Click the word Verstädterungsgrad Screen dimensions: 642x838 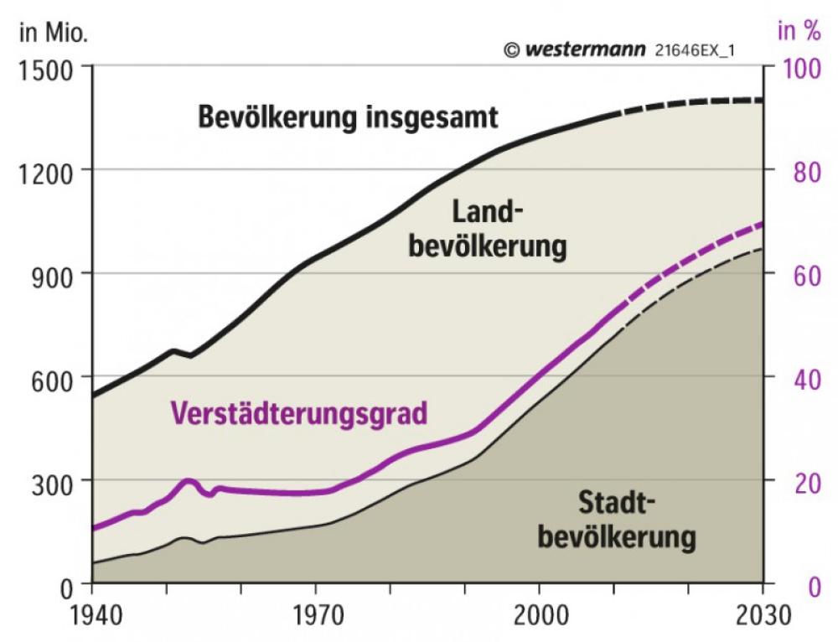point(299,413)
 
